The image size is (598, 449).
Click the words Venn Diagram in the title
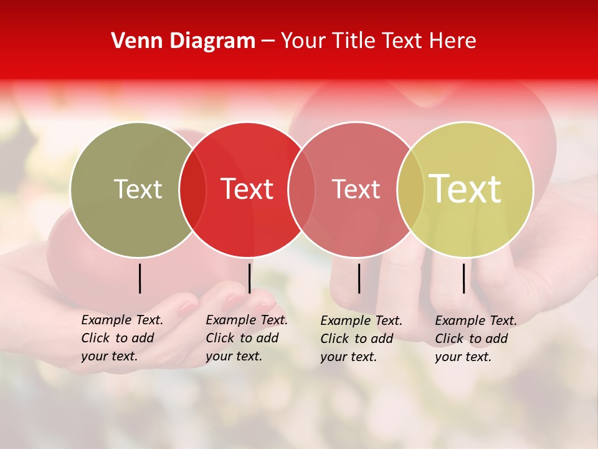click(x=183, y=41)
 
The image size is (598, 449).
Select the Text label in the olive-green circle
click(x=138, y=189)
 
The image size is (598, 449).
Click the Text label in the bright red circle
click(x=247, y=189)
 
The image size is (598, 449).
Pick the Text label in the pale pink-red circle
click(x=356, y=189)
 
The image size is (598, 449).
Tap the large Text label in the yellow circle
click(x=465, y=189)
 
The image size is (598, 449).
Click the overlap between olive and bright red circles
click(x=192, y=189)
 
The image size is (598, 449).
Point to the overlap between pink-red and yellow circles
click(x=411, y=189)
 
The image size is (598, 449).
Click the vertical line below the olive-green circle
click(x=140, y=278)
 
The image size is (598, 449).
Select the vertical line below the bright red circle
click(x=249, y=278)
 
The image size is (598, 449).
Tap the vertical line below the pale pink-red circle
click(x=359, y=278)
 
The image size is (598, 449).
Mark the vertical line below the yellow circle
click(x=463, y=278)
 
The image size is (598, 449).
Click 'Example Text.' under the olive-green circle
click(x=122, y=320)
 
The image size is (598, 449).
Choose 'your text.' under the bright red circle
click(x=234, y=356)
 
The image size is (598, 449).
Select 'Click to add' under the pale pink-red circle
click(x=356, y=339)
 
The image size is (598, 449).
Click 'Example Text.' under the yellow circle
click(x=476, y=321)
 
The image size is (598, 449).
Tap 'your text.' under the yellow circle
click(x=463, y=357)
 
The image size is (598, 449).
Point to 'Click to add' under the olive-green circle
click(x=117, y=338)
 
